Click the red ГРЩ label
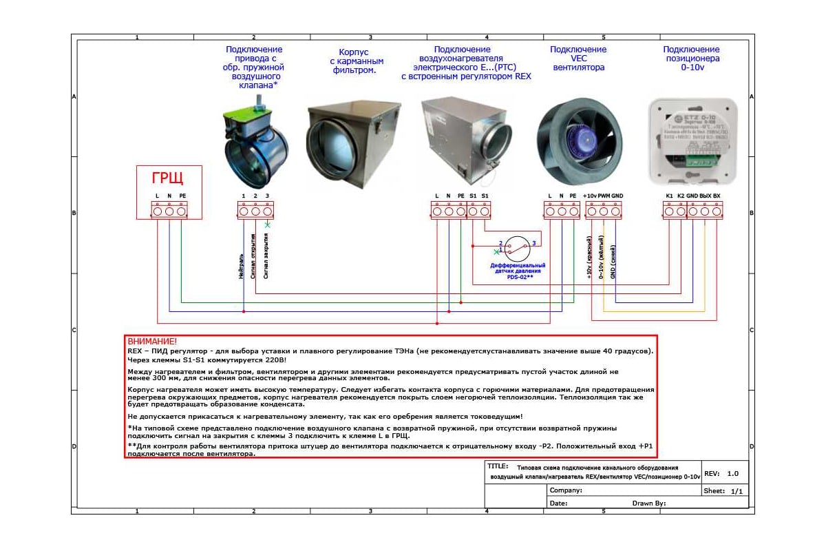pyautogui.click(x=168, y=179)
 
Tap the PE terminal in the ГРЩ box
pyautogui.click(x=182, y=211)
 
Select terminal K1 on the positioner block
pyautogui.click(x=669, y=211)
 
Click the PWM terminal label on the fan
pyautogui.click(x=604, y=196)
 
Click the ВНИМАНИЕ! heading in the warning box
pyautogui.click(x=152, y=341)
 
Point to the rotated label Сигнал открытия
pyautogui.click(x=255, y=256)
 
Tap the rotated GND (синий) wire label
pyautogui.click(x=614, y=264)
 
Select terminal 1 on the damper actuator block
pyautogui.click(x=243, y=211)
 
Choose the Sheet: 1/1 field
pyautogui.click(x=723, y=491)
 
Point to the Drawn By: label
pyautogui.click(x=649, y=503)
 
